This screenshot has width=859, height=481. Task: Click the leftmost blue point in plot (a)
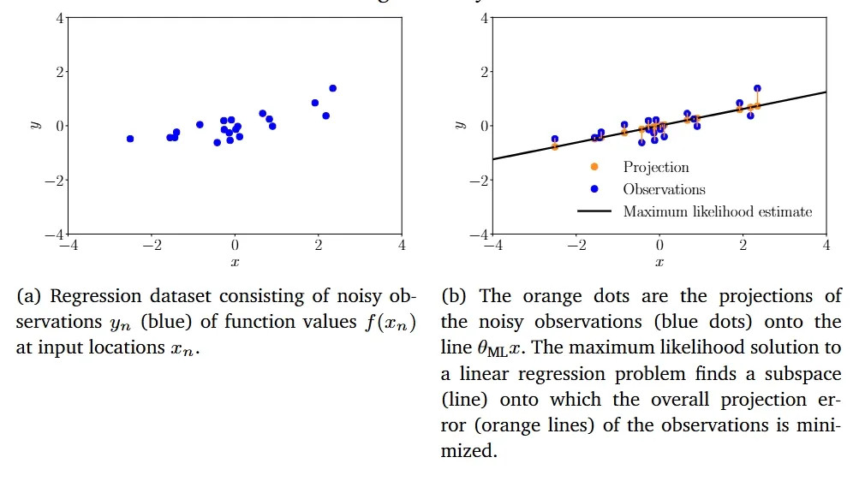point(130,139)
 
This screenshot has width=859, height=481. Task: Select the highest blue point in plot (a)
point(332,88)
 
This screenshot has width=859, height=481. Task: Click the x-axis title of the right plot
point(659,262)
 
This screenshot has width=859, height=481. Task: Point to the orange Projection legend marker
point(594,167)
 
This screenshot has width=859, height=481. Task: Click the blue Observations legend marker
point(594,189)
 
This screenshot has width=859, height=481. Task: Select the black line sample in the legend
point(594,211)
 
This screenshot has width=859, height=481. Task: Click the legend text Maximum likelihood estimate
point(718,211)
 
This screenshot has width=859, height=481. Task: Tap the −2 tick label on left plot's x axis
point(152,245)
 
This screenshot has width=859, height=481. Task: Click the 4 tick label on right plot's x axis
point(826,245)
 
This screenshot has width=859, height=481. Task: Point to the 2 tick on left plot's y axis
point(60,72)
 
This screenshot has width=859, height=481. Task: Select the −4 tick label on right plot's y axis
point(479,235)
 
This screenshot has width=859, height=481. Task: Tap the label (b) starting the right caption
point(454,296)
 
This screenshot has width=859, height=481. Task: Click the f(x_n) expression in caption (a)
point(391,323)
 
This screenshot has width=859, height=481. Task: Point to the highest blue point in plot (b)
point(757,88)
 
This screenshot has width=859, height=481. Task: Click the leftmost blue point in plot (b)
point(555,139)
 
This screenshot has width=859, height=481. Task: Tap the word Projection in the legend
point(656,168)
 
